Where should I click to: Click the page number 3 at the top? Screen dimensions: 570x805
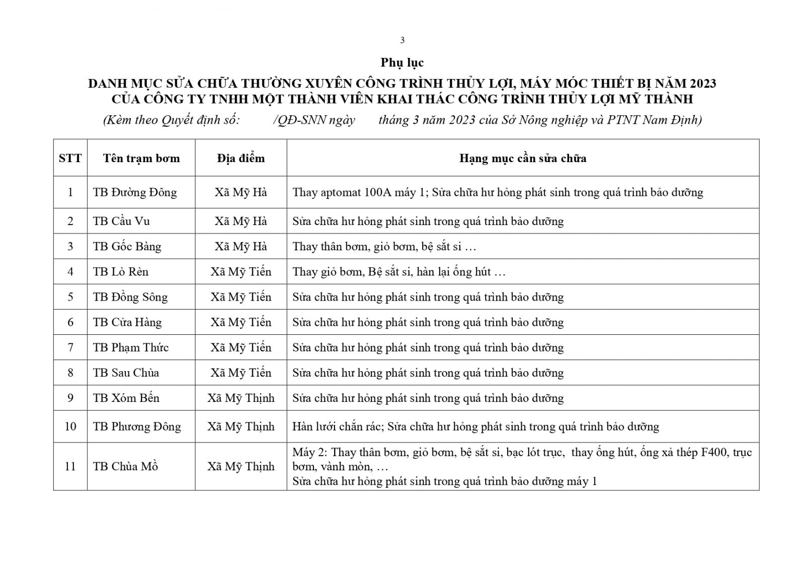tap(402, 40)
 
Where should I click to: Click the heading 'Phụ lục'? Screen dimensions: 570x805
tap(402, 62)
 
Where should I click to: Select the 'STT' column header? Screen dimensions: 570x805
tap(70, 158)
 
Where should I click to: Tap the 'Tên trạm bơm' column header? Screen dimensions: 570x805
tap(141, 158)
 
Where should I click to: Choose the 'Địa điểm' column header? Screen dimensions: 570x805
tap(240, 158)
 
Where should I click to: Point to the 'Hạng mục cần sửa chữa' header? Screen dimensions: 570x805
tap(522, 158)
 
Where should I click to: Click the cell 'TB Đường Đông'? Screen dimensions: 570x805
tap(135, 192)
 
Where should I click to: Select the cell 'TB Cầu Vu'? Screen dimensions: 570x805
tap(121, 221)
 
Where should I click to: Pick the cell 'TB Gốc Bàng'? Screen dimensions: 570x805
tap(127, 246)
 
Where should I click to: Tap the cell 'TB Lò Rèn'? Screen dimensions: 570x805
tap(121, 272)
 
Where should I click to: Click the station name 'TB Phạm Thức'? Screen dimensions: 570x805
tap(130, 347)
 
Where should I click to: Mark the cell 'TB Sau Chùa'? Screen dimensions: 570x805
tap(126, 373)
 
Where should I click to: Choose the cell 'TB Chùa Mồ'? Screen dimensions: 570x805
tap(125, 466)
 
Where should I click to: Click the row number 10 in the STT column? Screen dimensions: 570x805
tap(70, 426)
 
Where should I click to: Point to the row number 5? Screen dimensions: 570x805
tap(70, 297)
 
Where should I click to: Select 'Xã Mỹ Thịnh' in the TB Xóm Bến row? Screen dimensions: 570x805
tap(240, 398)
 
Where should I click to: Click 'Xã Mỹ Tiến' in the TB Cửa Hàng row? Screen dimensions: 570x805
tap(240, 322)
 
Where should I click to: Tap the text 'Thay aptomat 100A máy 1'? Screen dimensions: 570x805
tap(358, 192)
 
